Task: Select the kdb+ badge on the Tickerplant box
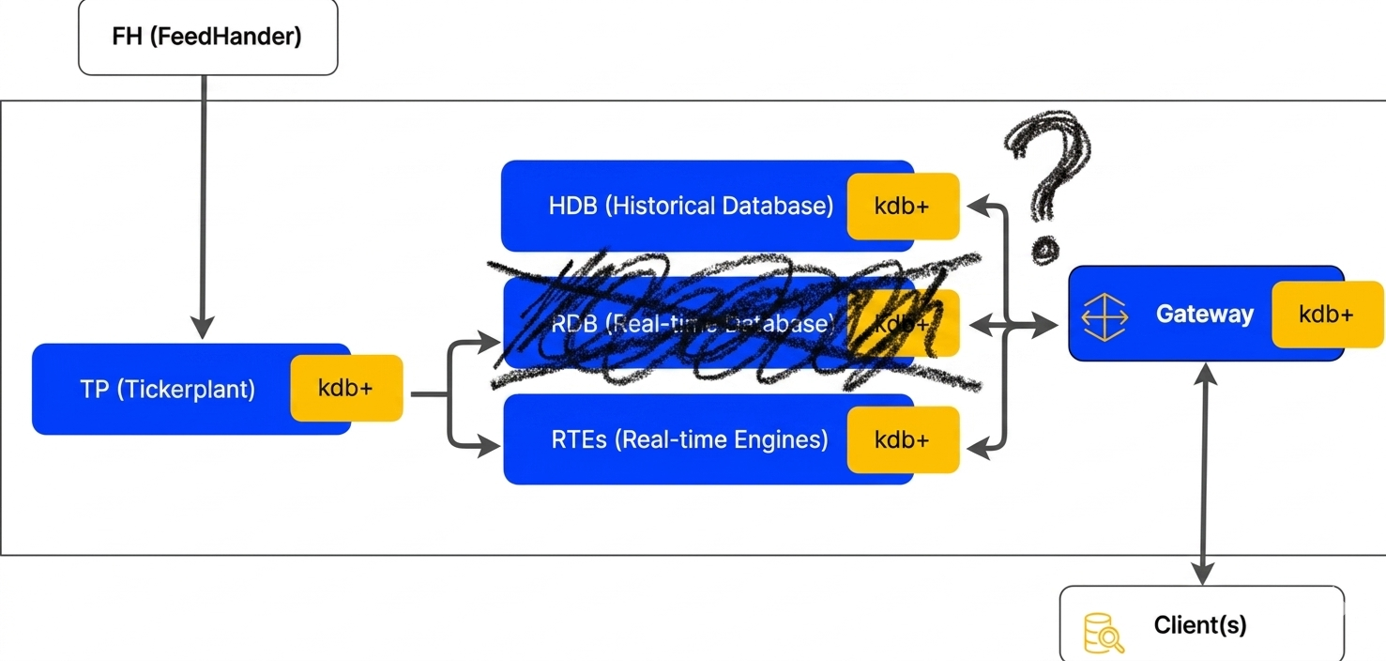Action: (x=346, y=388)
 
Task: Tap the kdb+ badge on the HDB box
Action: (x=903, y=207)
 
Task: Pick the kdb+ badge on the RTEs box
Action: (x=903, y=439)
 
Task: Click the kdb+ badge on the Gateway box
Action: (x=1327, y=314)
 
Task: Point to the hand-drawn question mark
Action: (x=1049, y=164)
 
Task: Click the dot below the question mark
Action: (x=1043, y=250)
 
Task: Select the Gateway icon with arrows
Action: (x=1104, y=315)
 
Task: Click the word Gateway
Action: (x=1204, y=314)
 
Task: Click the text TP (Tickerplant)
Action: (x=167, y=389)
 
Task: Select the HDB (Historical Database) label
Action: (x=691, y=207)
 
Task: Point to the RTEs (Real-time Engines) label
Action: (x=690, y=439)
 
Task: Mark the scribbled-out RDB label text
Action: (x=692, y=324)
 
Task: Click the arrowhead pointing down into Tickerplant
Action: (x=203, y=328)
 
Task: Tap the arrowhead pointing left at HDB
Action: (x=976, y=206)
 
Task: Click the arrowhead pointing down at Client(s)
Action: (x=1202, y=574)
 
